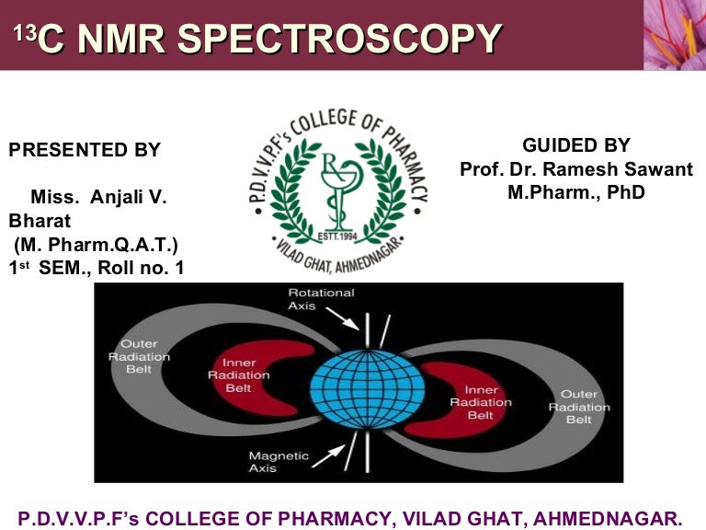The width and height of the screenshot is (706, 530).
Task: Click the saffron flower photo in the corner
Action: point(674,35)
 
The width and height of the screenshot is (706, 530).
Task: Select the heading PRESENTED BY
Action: point(85,150)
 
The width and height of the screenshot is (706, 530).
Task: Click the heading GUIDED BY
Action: point(575,145)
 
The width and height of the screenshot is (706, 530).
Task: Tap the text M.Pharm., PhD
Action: point(575,192)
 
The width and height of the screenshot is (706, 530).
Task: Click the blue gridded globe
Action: point(367,390)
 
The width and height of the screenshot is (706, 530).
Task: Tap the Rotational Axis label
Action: point(321,299)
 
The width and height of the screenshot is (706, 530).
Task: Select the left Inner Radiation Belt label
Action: point(238,375)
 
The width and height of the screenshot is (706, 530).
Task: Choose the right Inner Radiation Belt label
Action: point(480,402)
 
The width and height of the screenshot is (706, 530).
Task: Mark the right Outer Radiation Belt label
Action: point(578,407)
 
